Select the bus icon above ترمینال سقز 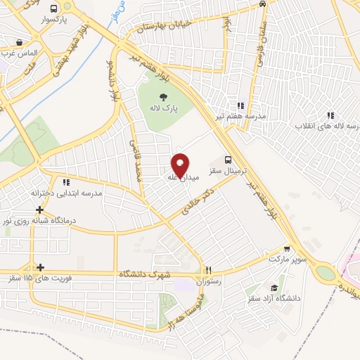(x=228, y=160)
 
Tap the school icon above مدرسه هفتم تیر (x=241, y=104)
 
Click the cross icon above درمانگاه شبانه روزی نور (x=40, y=210)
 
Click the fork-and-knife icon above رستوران (x=208, y=270)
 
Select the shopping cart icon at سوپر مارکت (x=288, y=248)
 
